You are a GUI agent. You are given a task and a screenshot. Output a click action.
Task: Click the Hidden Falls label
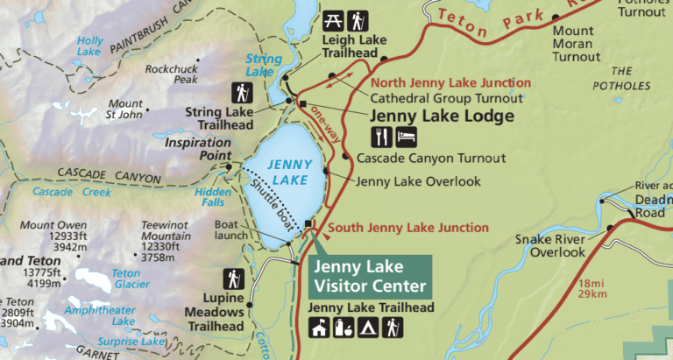click(x=213, y=197)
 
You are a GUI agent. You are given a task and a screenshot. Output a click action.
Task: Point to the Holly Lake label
click(x=89, y=46)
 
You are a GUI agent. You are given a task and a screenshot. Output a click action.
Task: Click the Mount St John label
click(x=124, y=108)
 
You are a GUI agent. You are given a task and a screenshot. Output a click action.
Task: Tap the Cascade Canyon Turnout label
click(x=431, y=159)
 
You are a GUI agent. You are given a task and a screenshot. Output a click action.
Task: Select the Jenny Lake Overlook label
click(x=419, y=181)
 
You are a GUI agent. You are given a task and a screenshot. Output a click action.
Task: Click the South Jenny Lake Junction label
click(x=410, y=228)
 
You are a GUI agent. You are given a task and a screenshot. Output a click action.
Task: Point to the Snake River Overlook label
click(x=549, y=246)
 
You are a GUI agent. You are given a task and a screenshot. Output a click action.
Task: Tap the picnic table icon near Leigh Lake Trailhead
click(x=333, y=19)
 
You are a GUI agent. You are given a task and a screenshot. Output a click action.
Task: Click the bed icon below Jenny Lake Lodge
click(x=406, y=137)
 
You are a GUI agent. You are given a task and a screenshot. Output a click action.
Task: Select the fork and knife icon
click(x=381, y=137)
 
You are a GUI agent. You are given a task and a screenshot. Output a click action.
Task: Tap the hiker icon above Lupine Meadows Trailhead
click(x=234, y=279)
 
